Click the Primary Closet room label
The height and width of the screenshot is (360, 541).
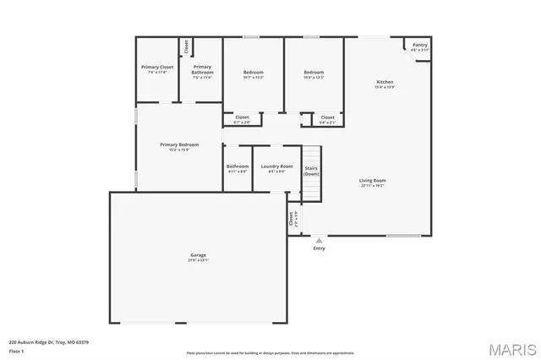pos(156,67)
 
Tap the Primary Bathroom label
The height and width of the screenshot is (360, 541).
pos(202,69)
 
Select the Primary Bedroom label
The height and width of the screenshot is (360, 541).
pos(179,145)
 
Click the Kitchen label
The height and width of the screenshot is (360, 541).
pos(385,82)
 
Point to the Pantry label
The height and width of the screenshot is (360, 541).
pos(420,46)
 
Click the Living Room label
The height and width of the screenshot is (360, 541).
pos(372,181)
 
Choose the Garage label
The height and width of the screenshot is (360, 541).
pos(198,254)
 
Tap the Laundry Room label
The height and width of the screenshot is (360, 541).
pos(276,166)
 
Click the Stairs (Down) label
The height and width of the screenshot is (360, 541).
pos(311,171)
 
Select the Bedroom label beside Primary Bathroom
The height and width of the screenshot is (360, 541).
pos(254,73)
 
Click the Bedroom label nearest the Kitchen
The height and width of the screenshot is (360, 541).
pos(314,73)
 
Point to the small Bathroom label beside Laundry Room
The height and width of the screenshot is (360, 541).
pos(238,166)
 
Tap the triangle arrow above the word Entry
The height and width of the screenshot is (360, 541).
pos(319,240)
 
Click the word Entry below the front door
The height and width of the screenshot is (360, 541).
pos(319,248)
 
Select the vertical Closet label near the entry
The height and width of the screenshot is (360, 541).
pos(290,219)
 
